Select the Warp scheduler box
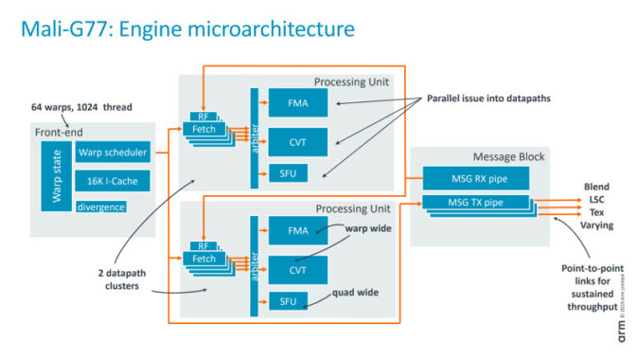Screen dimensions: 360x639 (x=113, y=153)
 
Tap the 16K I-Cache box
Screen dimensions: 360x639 (x=113, y=180)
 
